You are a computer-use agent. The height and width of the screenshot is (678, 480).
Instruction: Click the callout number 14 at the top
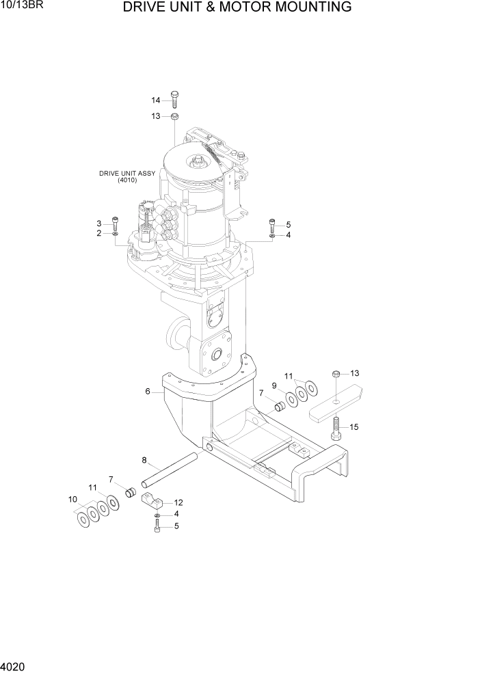pos(155,100)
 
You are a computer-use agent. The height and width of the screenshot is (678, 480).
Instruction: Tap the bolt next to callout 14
pos(174,99)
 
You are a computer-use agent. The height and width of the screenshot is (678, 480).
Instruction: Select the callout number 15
pos(354,426)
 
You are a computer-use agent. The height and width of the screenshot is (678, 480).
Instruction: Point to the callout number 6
pos(147,392)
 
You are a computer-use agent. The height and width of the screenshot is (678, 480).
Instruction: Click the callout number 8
pos(144,459)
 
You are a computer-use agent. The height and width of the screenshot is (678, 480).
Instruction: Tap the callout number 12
pos(178,502)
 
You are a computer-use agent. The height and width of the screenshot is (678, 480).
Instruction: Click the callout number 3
pos(98,223)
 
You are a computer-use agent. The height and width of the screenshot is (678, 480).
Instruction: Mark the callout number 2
pos(98,233)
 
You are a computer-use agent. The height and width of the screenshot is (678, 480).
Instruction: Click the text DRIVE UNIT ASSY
pos(127,174)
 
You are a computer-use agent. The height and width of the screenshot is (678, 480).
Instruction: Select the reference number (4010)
pos(127,180)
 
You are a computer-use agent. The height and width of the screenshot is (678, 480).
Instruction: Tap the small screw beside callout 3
pos(115,223)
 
